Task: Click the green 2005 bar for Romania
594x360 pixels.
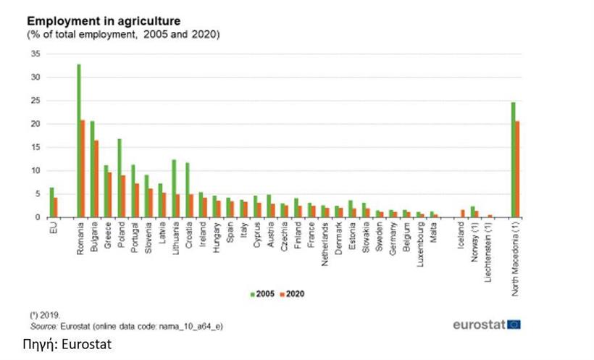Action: point(78,141)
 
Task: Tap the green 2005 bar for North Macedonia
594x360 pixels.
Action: point(513,159)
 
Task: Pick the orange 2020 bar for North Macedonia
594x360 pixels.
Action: point(517,169)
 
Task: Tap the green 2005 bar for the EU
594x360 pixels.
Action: point(51,202)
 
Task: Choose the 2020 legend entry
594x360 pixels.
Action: point(291,293)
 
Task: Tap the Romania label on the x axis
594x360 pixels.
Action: point(80,236)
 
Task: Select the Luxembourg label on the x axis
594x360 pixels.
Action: point(420,242)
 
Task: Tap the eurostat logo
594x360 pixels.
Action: point(486,324)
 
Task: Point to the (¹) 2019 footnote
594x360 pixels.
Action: point(43,317)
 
